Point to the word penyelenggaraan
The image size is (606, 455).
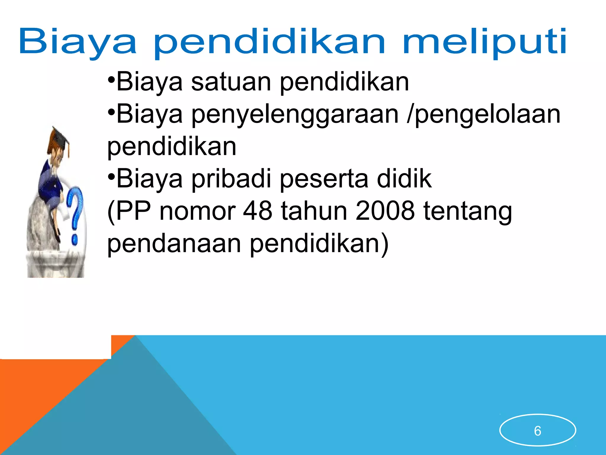295,115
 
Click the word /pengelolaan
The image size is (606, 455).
483,115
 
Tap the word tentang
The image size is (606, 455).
468,212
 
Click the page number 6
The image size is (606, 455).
537,431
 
